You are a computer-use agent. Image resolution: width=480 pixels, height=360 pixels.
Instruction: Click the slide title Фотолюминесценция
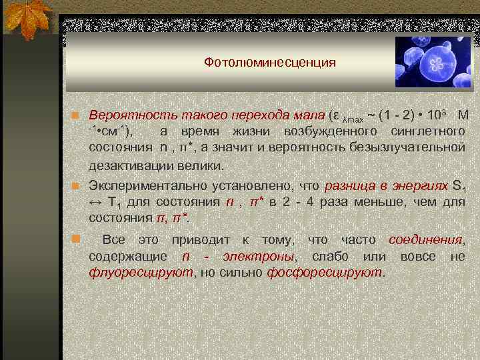[269, 63]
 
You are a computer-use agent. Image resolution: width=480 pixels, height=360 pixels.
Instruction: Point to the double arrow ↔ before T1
[95, 202]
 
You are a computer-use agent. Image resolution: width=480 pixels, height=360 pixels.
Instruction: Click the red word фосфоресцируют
[325, 272]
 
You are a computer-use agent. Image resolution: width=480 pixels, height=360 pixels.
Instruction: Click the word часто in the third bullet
[360, 239]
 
